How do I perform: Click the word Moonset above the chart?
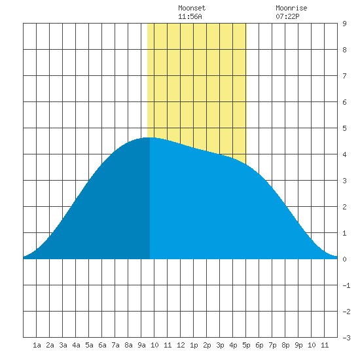pyautogui.click(x=192, y=8)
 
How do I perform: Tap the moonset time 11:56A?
pyautogui.click(x=190, y=16)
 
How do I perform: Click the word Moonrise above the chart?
pyautogui.click(x=291, y=8)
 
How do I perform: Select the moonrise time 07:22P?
pyautogui.click(x=287, y=16)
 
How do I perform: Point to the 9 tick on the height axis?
pyautogui.click(x=344, y=24)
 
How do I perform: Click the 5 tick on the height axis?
pyautogui.click(x=344, y=128)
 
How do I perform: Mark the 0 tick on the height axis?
pyautogui.click(x=344, y=259)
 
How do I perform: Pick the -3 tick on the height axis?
pyautogui.click(x=346, y=338)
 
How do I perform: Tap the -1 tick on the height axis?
pyautogui.click(x=346, y=285)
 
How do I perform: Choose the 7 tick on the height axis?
pyautogui.click(x=344, y=76)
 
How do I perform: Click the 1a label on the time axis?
pyautogui.click(x=37, y=345)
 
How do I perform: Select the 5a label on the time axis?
pyautogui.click(x=89, y=345)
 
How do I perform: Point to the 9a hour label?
pyautogui.click(x=141, y=345)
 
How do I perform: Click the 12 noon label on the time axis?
pyautogui.click(x=181, y=345)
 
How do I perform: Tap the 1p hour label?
pyautogui.click(x=194, y=345)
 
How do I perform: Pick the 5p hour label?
pyautogui.click(x=246, y=345)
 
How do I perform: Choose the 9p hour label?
pyautogui.click(x=298, y=345)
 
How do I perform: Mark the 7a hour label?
pyautogui.click(x=115, y=345)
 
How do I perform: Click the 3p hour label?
pyautogui.click(x=220, y=345)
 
